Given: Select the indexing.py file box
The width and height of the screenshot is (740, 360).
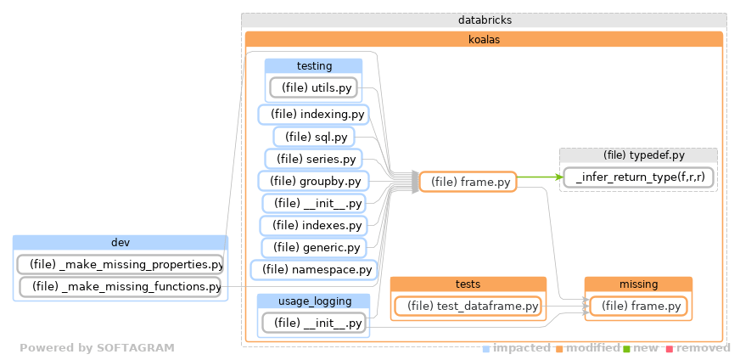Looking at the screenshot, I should pos(312,114).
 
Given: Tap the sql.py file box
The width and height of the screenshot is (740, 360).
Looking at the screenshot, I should pos(313,137).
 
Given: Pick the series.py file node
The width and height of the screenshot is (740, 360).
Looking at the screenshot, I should pos(313,159).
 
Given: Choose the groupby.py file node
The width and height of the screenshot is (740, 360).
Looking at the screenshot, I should pos(312,181).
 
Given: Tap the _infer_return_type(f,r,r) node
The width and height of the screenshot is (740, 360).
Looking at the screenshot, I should pos(638,177).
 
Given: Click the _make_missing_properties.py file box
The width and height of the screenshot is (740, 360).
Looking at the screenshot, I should pos(120,264).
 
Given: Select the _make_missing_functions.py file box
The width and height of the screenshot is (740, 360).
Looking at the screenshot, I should pos(120,287).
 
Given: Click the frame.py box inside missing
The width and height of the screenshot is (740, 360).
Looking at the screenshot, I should pos(637,306).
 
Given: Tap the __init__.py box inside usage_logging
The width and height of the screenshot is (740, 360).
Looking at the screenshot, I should pos(313,323).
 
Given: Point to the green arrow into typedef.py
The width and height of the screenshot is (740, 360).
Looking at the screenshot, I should pos(540,177).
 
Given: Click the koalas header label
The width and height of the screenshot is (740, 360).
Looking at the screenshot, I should pos(484,38).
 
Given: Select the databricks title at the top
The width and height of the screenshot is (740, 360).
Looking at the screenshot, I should pos(484,20).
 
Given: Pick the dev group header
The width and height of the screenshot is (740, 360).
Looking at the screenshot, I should pos(120,242).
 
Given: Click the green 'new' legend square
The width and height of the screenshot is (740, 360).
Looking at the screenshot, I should pos(627,348).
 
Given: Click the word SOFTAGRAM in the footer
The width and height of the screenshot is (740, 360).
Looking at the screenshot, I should pos(135,348).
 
